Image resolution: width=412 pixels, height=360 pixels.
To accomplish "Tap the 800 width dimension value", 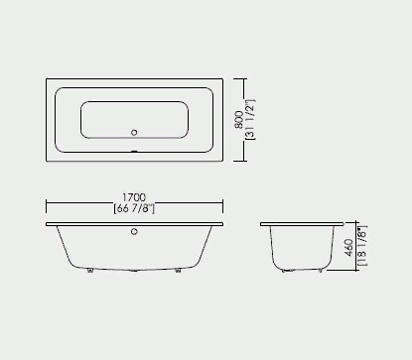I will pos(238,118).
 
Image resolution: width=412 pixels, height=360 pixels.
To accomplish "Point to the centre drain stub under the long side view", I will pos(136,270).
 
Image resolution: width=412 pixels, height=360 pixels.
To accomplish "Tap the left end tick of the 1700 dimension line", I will pos(47,204).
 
